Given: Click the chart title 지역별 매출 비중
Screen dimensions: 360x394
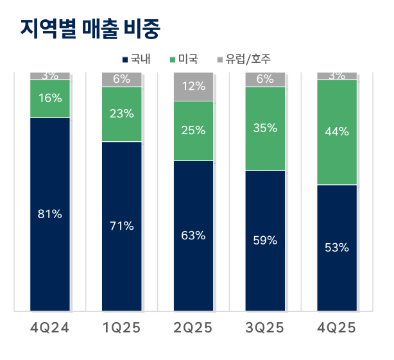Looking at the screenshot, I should pyautogui.click(x=89, y=29).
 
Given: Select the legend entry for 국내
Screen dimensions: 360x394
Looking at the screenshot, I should pyautogui.click(x=136, y=60).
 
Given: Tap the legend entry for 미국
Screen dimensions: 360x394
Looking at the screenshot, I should pyautogui.click(x=184, y=60).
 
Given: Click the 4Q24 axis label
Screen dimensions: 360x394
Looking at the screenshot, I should pyautogui.click(x=49, y=329).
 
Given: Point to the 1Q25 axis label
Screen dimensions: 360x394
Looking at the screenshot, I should pyautogui.click(x=121, y=329).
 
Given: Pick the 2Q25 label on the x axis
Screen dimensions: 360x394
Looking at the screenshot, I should pyautogui.click(x=193, y=329).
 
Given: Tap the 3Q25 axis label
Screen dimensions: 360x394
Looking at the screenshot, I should pyautogui.click(x=265, y=329).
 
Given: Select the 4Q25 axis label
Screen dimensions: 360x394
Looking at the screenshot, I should pyautogui.click(x=337, y=329).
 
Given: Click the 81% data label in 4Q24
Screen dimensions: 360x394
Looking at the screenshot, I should pyautogui.click(x=49, y=214).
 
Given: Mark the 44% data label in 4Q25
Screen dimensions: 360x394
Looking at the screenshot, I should pyautogui.click(x=337, y=132).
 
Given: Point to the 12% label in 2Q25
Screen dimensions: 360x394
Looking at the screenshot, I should pyautogui.click(x=193, y=86).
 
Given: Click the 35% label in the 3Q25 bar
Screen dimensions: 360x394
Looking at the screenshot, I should pyautogui.click(x=265, y=128).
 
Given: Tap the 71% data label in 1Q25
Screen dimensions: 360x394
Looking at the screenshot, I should pyautogui.click(x=121, y=225).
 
